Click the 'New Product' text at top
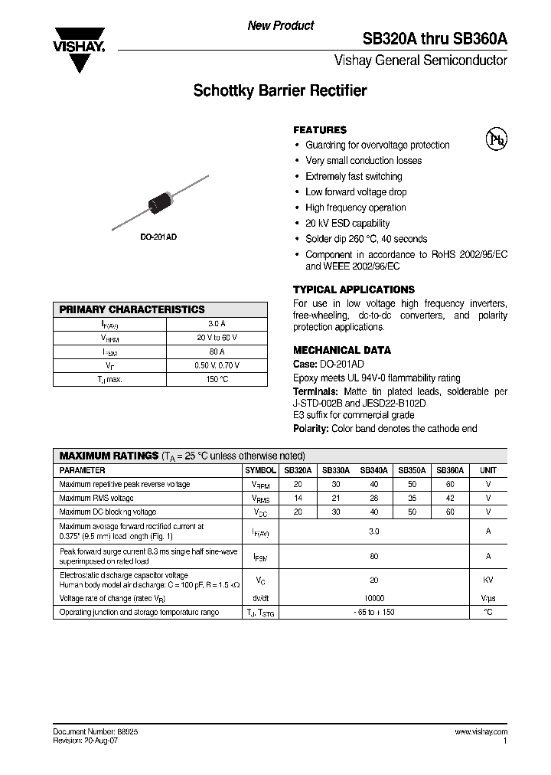pyautogui.click(x=280, y=25)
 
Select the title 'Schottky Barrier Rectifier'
pyautogui.click(x=280, y=90)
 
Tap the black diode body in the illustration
pyautogui.click(x=161, y=201)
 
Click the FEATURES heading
pyautogui.click(x=320, y=130)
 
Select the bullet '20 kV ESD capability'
pyautogui.click(x=347, y=224)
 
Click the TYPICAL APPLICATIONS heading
pyautogui.click(x=354, y=289)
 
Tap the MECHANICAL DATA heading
pyautogui.click(x=342, y=350)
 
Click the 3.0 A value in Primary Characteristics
pyautogui.click(x=217, y=324)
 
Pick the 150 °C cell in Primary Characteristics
pyautogui.click(x=217, y=379)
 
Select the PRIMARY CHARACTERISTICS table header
pyautogui.click(x=132, y=309)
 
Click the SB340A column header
pyautogui.click(x=373, y=470)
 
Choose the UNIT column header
pyautogui.click(x=487, y=470)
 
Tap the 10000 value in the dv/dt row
pyautogui.click(x=373, y=597)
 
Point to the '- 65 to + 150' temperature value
pyautogui.click(x=373, y=612)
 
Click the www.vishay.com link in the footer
pyautogui.click(x=481, y=732)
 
